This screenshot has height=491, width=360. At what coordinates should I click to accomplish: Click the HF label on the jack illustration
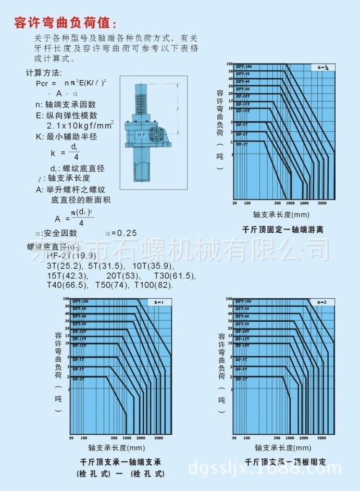(x=141, y=134)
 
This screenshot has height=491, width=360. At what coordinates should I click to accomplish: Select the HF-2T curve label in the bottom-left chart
(x=78, y=379)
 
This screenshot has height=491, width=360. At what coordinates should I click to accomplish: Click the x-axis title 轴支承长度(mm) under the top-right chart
(x=281, y=214)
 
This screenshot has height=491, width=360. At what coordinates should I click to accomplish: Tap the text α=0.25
(x=121, y=233)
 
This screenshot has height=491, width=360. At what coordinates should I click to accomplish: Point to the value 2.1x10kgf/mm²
(x=80, y=126)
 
